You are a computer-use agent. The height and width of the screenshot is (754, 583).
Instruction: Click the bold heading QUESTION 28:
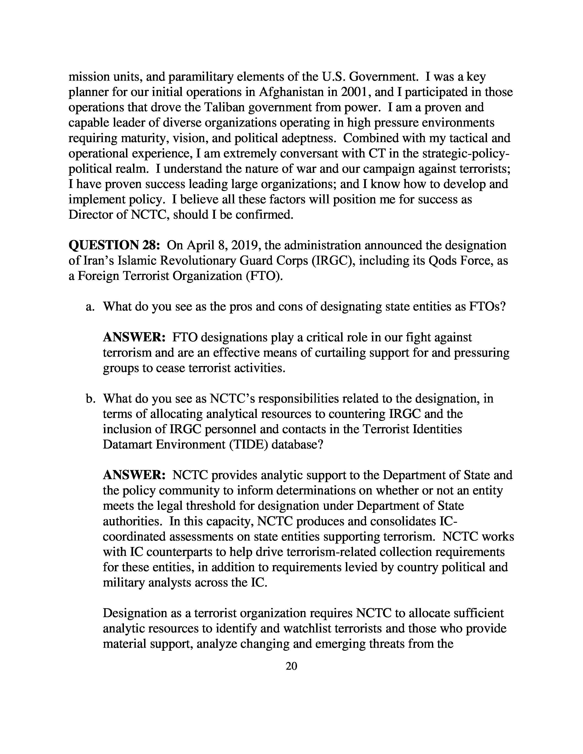(114, 245)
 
